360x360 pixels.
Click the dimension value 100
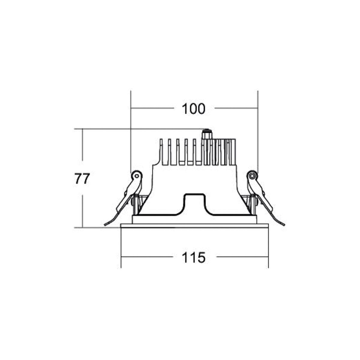pyautogui.click(x=193, y=109)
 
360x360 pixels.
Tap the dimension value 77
pyautogui.click(x=82, y=178)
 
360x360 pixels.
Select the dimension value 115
pyautogui.click(x=193, y=258)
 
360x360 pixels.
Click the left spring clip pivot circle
pyautogui.click(x=137, y=176)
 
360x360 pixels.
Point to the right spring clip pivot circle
pyautogui.click(x=252, y=176)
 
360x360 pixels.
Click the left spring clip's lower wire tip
pyautogui.click(x=105, y=225)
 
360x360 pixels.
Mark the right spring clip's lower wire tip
pyautogui.click(x=284, y=225)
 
